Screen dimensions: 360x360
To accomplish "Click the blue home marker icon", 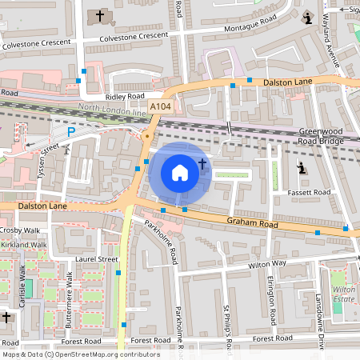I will point(180,172).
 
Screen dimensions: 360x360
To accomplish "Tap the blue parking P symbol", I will point(70,132).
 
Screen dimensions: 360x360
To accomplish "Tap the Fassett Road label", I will point(309,193).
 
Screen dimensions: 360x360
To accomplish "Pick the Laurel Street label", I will point(97,259).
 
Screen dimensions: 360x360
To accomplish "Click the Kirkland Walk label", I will point(23,245).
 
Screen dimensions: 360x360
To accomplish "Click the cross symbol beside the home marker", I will point(202,164).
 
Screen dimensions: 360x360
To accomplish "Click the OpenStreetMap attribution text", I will point(80,354).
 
